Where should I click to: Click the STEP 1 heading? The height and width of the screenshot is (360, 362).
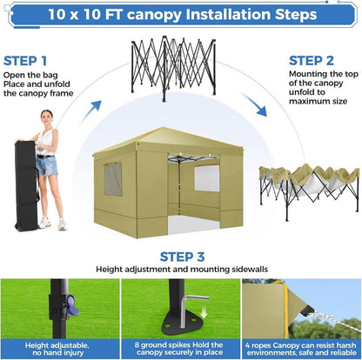(x=25, y=61)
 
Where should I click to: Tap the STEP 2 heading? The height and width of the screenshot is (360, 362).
(x=312, y=61)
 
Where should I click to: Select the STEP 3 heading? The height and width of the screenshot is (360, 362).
(x=182, y=257)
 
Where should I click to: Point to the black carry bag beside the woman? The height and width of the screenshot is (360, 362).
(x=26, y=185)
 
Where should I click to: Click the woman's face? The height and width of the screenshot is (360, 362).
(x=47, y=117)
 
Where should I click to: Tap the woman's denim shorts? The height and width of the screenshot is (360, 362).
(x=47, y=166)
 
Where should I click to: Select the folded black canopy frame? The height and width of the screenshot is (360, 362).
(x=174, y=67)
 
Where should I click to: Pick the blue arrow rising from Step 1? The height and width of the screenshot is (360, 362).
(x=90, y=112)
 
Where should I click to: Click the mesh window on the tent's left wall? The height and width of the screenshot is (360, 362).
(x=113, y=178)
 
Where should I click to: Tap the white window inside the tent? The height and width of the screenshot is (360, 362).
(x=207, y=178)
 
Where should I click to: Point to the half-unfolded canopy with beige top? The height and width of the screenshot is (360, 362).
(x=309, y=189)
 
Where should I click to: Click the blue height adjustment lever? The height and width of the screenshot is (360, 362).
(x=72, y=305)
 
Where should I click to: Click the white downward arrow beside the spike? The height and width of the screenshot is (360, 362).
(x=204, y=312)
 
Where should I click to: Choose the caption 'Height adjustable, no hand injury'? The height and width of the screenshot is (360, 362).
(x=57, y=349)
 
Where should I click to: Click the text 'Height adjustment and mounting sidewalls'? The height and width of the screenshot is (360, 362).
(x=182, y=270)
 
